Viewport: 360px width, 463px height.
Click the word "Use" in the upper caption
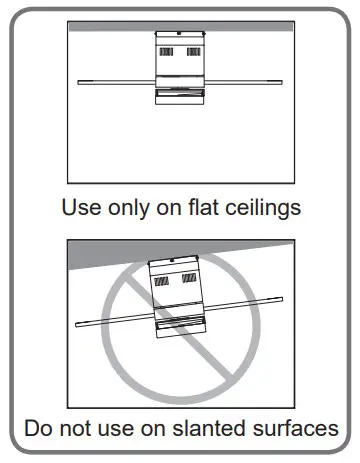tap(78, 211)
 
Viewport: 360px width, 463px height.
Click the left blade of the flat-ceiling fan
tap(110, 80)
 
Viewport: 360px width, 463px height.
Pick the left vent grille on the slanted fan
tap(160, 284)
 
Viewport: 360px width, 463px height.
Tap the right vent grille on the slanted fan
tap(189, 281)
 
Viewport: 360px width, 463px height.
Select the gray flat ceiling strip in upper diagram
tap(180, 26)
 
